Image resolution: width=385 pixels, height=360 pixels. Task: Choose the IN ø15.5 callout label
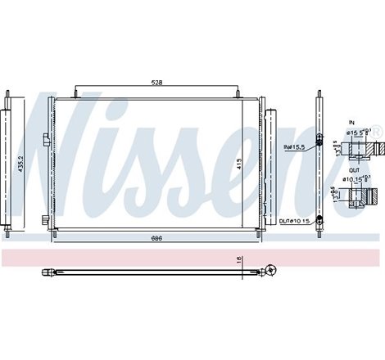(295, 147)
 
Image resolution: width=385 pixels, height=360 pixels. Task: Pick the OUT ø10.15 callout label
(294, 219)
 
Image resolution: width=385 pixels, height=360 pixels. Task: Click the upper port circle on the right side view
(319, 137)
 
